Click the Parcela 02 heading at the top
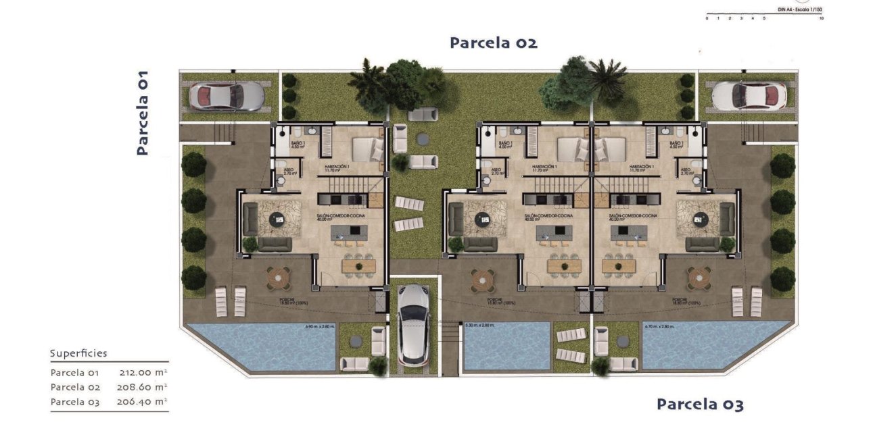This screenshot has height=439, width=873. click(494, 43)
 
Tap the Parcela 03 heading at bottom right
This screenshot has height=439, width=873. click(700, 405)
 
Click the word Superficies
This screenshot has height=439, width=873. click(78, 353)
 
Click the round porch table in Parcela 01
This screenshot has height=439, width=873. click(277, 276)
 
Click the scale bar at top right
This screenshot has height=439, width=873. click(763, 14)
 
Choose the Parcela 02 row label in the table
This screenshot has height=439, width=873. click(75, 387)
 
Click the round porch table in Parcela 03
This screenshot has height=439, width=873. click(699, 276)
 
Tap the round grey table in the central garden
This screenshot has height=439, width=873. click(422, 138)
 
